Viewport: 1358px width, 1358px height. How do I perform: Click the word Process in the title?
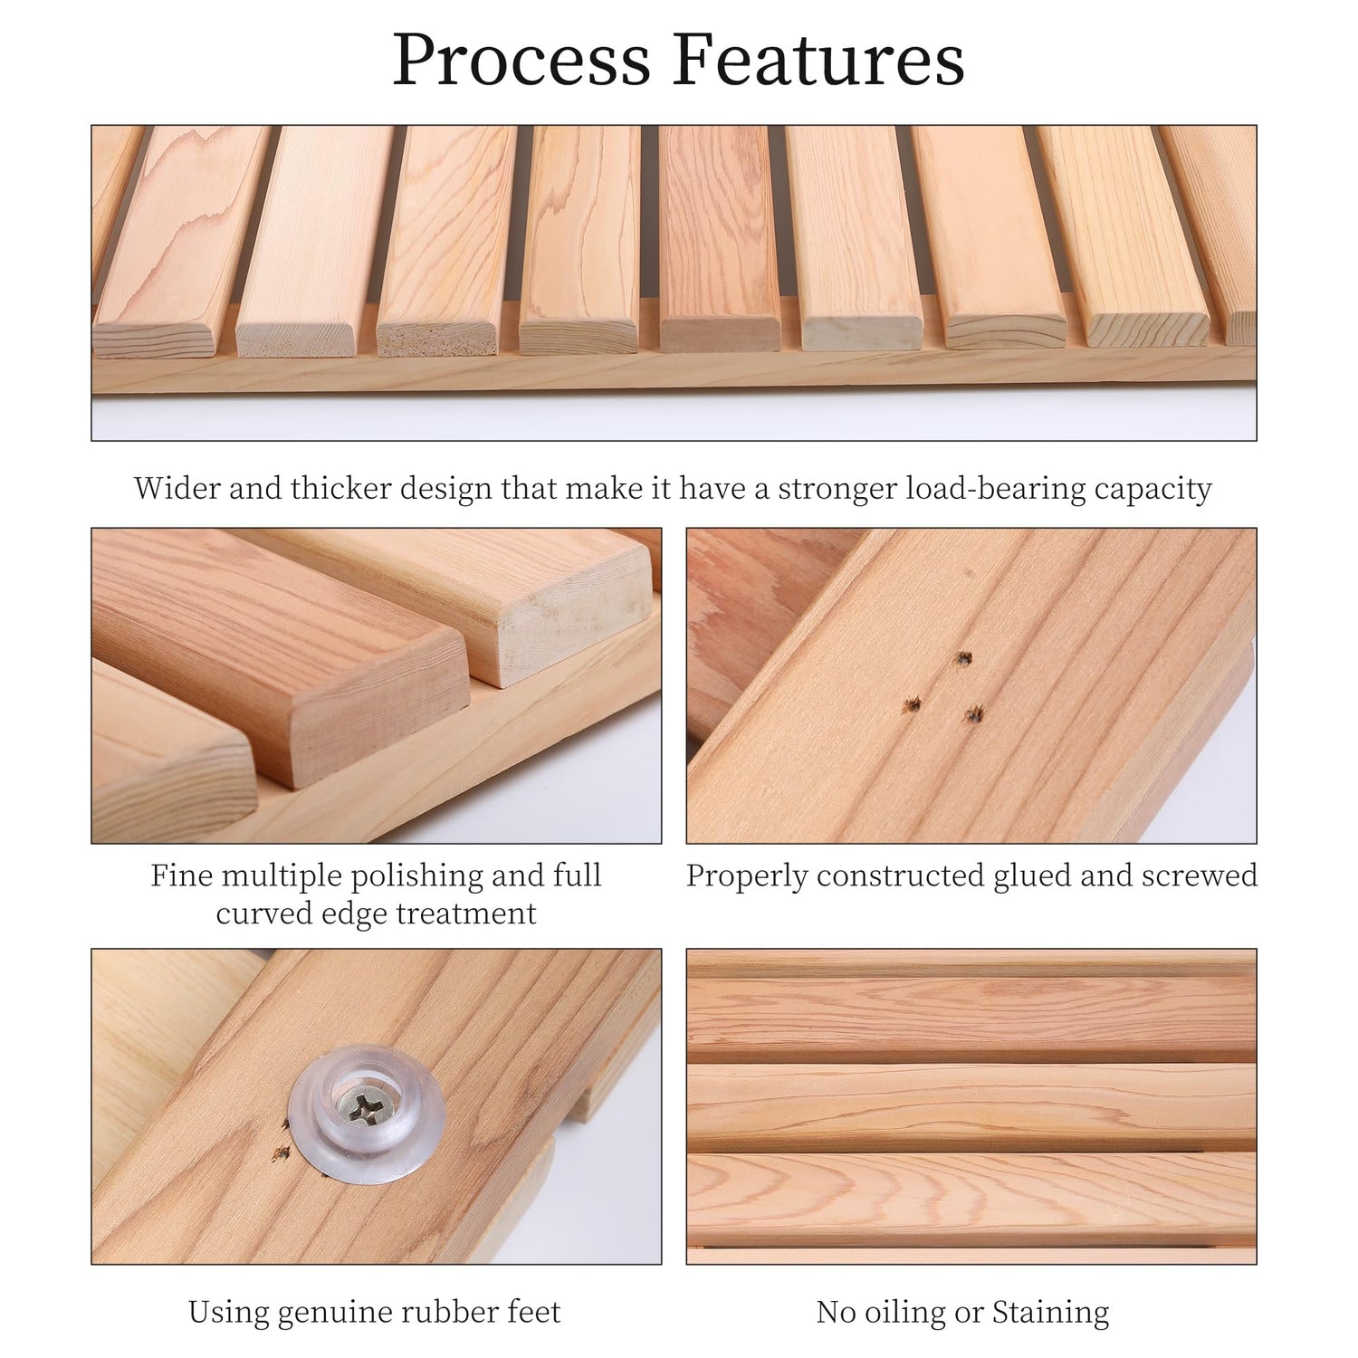point(521,60)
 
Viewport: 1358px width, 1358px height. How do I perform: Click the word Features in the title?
point(818,60)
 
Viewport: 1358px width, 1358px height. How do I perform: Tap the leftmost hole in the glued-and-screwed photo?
point(912,704)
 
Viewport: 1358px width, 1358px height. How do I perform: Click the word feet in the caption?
point(530,1312)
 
